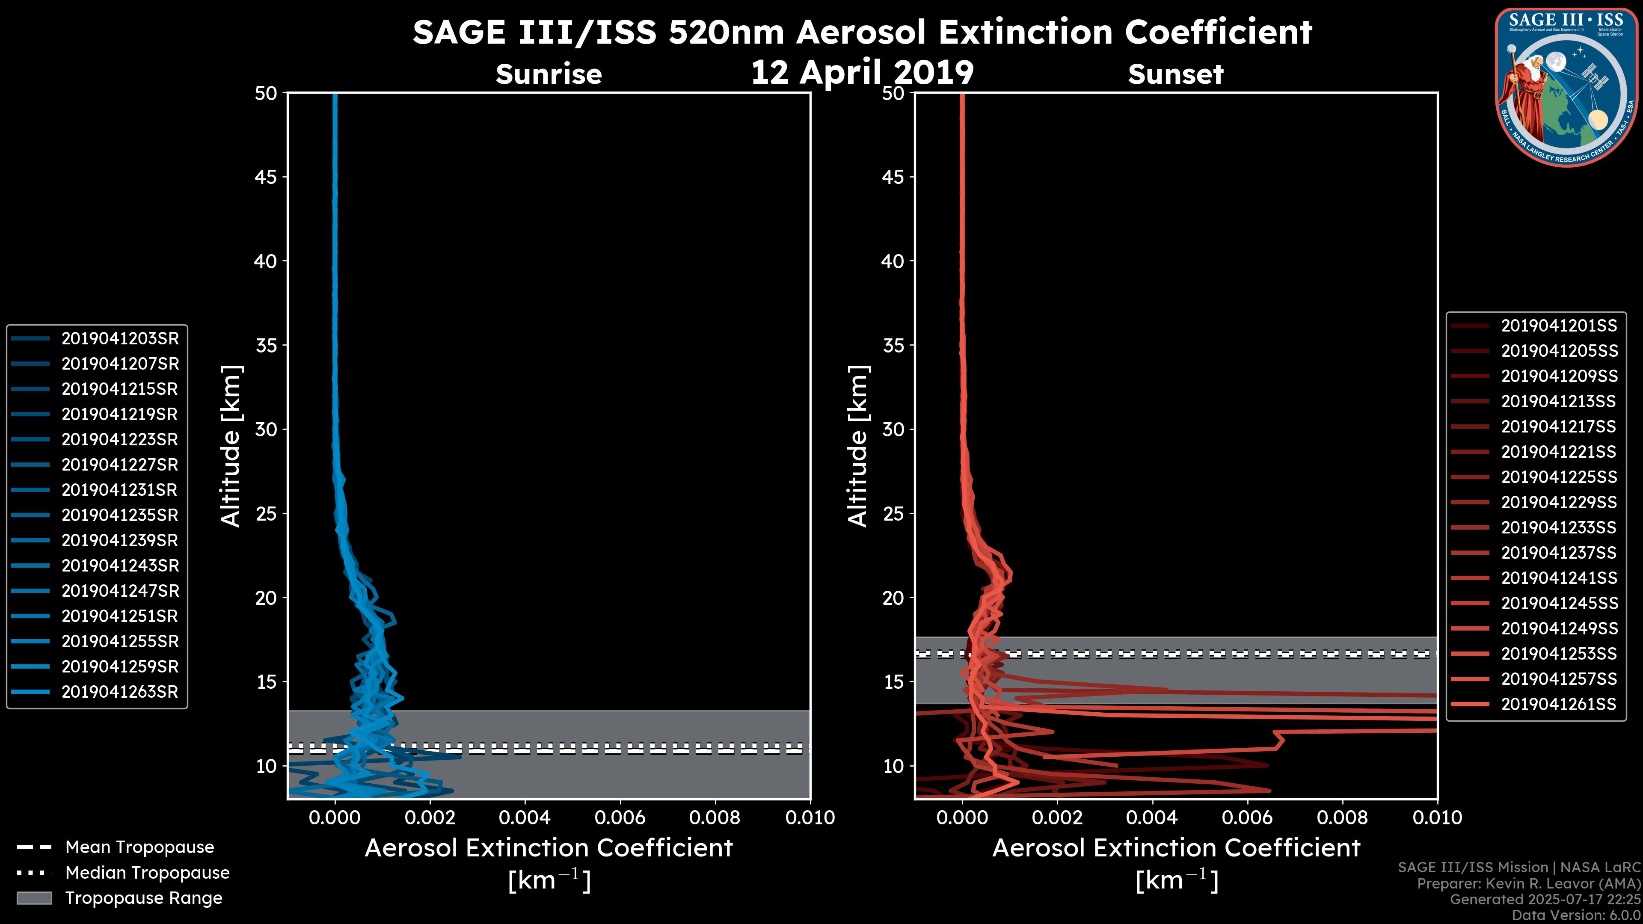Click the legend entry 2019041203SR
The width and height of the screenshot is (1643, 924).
pyautogui.click(x=120, y=339)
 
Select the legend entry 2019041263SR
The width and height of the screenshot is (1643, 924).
pyautogui.click(x=120, y=692)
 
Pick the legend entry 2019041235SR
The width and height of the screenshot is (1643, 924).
pyautogui.click(x=120, y=515)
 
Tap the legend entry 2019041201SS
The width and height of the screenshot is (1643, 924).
pyautogui.click(x=1559, y=326)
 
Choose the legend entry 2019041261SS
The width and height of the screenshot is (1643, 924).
pyautogui.click(x=1559, y=704)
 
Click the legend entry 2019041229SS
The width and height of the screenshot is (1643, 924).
pyautogui.click(x=1559, y=503)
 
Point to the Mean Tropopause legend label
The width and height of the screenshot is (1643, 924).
pyautogui.click(x=139, y=847)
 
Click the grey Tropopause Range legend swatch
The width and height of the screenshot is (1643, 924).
pyautogui.click(x=34, y=898)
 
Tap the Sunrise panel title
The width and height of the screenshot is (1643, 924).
pyautogui.click(x=549, y=74)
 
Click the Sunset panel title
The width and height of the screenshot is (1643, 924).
pyautogui.click(x=1175, y=74)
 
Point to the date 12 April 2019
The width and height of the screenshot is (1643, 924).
pyautogui.click(x=862, y=72)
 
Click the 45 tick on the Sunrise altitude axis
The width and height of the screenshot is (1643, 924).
pyautogui.click(x=266, y=177)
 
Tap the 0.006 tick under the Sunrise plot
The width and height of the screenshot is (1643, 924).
pyautogui.click(x=620, y=817)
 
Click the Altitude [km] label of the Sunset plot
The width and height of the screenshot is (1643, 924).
pyautogui.click(x=858, y=446)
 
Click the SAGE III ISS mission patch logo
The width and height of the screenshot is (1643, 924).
pyautogui.click(x=1569, y=87)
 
